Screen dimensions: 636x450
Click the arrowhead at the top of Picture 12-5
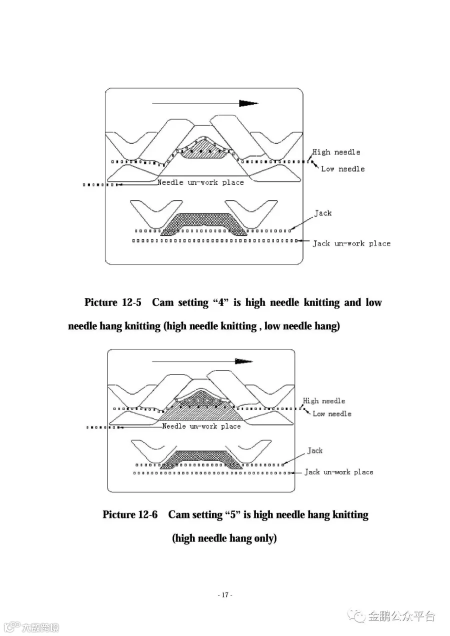click(x=248, y=103)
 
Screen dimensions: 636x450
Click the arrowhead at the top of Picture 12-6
click(x=243, y=361)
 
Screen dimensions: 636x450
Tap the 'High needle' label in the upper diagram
click(x=336, y=152)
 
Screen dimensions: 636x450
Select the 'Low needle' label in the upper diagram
click(x=342, y=169)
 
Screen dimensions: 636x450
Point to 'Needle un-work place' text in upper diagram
click(x=200, y=182)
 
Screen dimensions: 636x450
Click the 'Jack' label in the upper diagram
click(x=322, y=213)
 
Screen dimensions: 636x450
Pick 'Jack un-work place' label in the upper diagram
click(x=351, y=243)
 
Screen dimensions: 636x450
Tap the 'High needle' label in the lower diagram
click(x=324, y=401)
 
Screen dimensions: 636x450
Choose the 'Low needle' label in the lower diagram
click(x=332, y=413)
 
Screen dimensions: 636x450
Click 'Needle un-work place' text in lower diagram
click(x=201, y=426)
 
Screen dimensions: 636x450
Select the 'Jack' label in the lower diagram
click(x=315, y=450)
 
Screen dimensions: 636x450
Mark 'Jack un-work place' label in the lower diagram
click(x=339, y=472)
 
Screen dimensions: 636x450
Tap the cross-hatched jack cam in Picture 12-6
click(x=203, y=457)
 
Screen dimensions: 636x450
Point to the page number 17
click(x=225, y=595)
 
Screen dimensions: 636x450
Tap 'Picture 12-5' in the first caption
click(x=113, y=302)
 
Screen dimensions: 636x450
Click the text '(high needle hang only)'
click(x=224, y=538)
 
